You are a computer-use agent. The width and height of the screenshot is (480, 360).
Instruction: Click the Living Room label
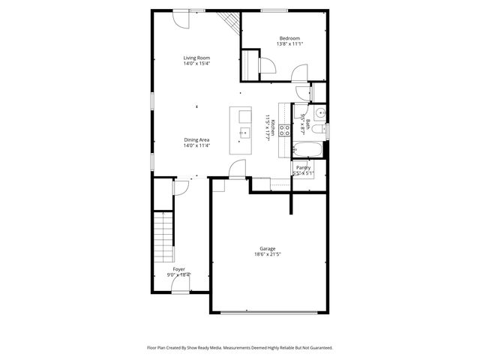coord(196,58)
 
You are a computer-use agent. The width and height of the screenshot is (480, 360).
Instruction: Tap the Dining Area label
coord(196,139)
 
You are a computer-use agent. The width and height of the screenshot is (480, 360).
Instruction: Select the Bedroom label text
coord(289,38)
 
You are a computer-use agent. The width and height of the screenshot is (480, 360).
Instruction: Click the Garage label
coord(268,248)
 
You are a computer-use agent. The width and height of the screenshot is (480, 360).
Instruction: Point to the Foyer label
coord(178,268)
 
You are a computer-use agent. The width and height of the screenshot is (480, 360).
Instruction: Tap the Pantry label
coord(303,167)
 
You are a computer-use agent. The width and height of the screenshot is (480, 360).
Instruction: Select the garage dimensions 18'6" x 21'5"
coord(268,255)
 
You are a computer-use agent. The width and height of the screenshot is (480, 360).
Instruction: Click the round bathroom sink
coord(319,113)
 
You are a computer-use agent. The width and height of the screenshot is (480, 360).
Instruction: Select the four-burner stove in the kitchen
coord(285,129)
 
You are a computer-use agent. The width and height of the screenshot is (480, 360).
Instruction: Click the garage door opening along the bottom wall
coord(268,311)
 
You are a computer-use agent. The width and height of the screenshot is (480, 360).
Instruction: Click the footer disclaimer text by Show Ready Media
coord(239,348)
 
